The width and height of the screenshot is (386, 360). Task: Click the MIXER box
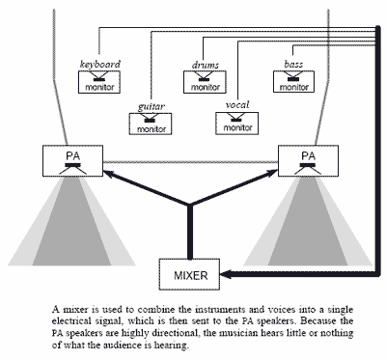(x=190, y=273)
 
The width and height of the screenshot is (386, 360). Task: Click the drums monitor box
(x=205, y=83)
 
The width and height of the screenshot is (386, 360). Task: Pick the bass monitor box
(x=294, y=83)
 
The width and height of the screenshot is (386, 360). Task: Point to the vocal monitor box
(x=236, y=122)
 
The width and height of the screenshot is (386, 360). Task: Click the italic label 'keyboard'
(x=99, y=65)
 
